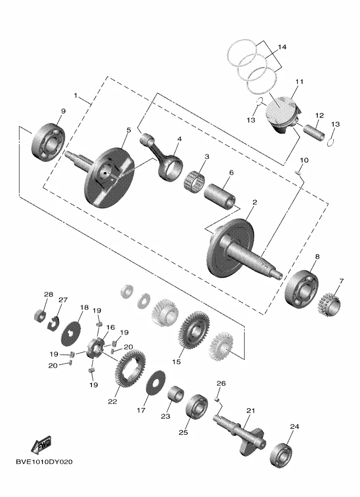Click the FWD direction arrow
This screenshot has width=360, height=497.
click(41, 445)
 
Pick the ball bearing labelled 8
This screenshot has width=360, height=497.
click(302, 288)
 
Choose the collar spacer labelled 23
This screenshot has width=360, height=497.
click(176, 394)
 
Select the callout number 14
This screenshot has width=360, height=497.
click(282, 47)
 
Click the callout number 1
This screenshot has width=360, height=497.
click(76, 95)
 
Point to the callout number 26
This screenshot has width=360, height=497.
click(221, 383)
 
